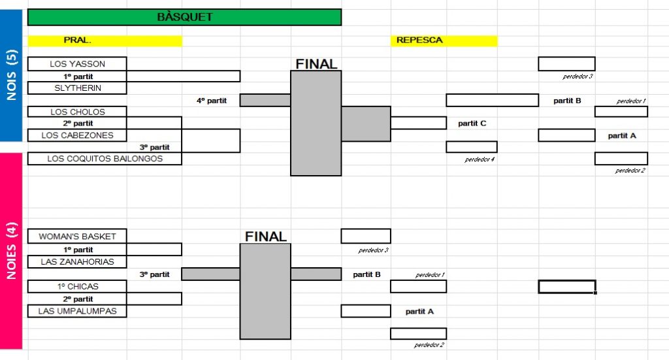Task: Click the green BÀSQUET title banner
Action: pyautogui.click(x=184, y=17)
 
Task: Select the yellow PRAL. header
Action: pyautogui.click(x=105, y=41)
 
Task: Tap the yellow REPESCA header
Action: pyautogui.click(x=444, y=41)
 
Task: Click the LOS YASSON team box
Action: pyautogui.click(x=77, y=64)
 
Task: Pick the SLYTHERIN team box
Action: pyautogui.click(x=77, y=88)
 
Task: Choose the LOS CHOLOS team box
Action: pyautogui.click(x=77, y=112)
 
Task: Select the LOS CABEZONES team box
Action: pyautogui.click(x=77, y=135)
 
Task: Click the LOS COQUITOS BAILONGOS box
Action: pyautogui.click(x=105, y=159)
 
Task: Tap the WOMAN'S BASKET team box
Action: pyautogui.click(x=77, y=237)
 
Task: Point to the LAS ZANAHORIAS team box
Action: pyautogui.click(x=77, y=262)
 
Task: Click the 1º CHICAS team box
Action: pyautogui.click(x=77, y=286)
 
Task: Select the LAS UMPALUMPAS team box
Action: pyautogui.click(x=77, y=311)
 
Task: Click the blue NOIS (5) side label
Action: pyautogui.click(x=12, y=75)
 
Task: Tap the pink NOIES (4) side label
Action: pyautogui.click(x=12, y=252)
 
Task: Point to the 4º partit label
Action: pyautogui.click(x=212, y=101)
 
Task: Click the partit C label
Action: pyautogui.click(x=472, y=123)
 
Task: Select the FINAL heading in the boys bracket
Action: pyautogui.click(x=316, y=64)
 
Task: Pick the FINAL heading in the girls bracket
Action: pyautogui.click(x=265, y=237)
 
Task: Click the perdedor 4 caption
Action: pyautogui.click(x=480, y=159)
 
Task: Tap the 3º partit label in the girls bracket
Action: pyautogui.click(x=154, y=274)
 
